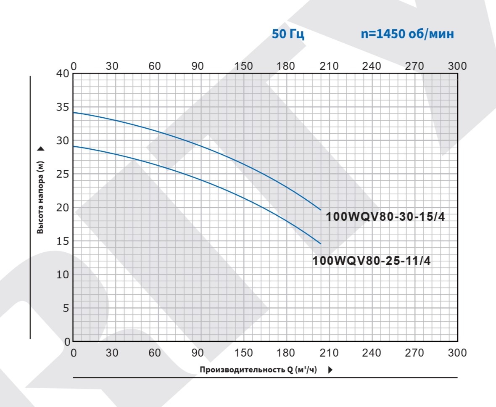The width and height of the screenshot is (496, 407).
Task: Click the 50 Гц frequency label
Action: tap(288, 34)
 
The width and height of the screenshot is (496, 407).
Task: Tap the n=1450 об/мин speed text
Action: tap(407, 34)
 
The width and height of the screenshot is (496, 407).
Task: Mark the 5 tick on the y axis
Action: tap(66, 308)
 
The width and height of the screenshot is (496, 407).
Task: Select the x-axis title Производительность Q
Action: tap(258, 370)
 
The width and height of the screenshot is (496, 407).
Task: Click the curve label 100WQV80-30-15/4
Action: tap(385, 217)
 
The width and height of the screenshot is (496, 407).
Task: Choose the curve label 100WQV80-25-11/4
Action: tap(372, 261)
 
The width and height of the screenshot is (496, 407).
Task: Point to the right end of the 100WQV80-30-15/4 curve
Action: tap(321, 210)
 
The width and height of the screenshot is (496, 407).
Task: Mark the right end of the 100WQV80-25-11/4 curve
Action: tap(321, 244)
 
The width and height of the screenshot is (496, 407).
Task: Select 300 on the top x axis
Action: tap(457, 66)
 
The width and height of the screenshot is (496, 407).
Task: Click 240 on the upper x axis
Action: tap(372, 66)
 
